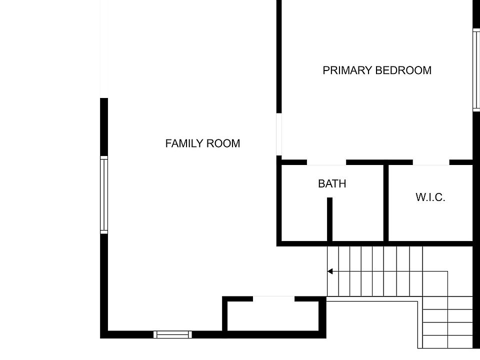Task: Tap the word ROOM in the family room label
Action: coord(223,143)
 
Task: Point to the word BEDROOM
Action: coord(403,70)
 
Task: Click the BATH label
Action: coord(332,184)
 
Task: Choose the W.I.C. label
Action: coord(430,197)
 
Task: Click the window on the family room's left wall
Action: coord(104,195)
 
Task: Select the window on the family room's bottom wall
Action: coord(172,334)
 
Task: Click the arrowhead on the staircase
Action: coord(330,271)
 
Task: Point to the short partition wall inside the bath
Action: coord(329,218)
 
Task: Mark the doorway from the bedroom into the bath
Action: coord(326,162)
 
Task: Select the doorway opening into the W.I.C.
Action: coord(431,162)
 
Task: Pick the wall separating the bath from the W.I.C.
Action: coord(385,202)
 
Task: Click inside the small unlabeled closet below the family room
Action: coord(274,316)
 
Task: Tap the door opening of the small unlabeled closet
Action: coord(273,299)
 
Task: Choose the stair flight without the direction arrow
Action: coord(447,322)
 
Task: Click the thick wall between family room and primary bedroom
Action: coord(279,55)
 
